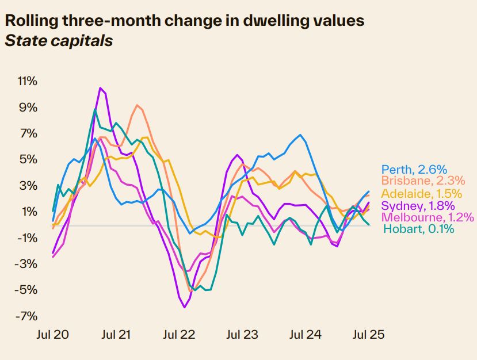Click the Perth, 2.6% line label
pos(414,169)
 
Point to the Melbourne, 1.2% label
pos(428,217)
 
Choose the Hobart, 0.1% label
pos(418,229)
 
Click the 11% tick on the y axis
pos(27,81)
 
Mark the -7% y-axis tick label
pos(27,316)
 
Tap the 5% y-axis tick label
pos(29,159)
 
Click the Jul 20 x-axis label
pos(52,334)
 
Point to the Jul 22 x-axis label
pos(178,334)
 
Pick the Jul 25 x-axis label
pos(368,334)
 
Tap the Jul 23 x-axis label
pos(242,334)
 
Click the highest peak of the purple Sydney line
pos(100,88)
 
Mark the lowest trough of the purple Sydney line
pos(185,307)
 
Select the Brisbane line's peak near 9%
pos(137,105)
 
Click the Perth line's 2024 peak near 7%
pos(300,135)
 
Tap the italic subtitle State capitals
pos(58,41)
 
